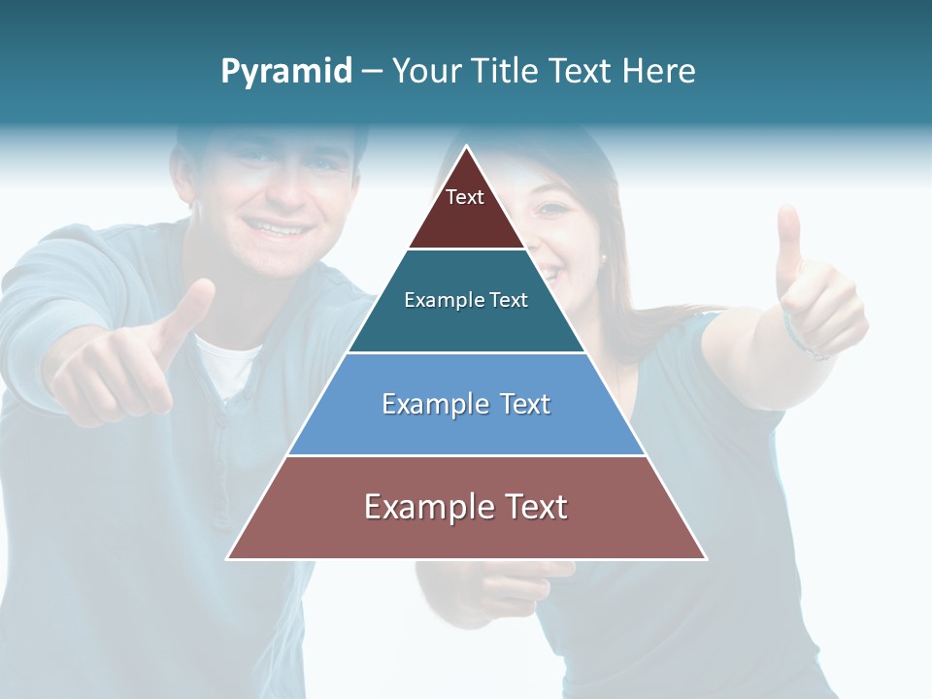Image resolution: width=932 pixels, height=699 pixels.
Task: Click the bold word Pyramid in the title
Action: point(286,72)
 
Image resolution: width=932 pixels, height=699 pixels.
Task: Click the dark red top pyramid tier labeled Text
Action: point(466,209)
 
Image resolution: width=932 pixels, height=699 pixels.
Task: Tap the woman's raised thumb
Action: point(788,238)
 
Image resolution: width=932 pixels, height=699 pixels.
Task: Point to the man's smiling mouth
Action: point(277,228)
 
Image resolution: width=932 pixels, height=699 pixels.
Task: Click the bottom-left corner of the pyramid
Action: point(228,558)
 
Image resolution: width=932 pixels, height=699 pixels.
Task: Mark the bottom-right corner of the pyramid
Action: point(706,558)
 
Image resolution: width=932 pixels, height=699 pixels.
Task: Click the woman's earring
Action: point(603,259)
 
